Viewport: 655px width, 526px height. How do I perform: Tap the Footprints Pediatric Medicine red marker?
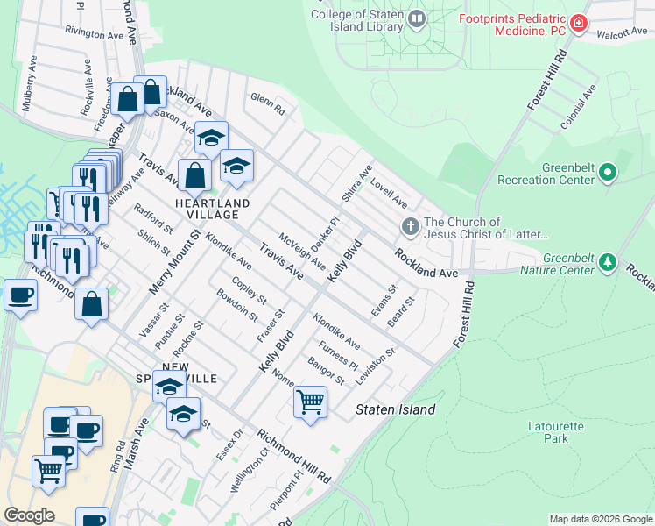pyautogui.click(x=578, y=24)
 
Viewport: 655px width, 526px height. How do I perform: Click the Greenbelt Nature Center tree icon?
pyautogui.click(x=604, y=262)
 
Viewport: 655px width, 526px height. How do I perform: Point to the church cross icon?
pyautogui.click(x=410, y=228)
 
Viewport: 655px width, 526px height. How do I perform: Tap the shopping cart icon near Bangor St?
pyautogui.click(x=311, y=402)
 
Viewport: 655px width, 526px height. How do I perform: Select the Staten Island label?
pyautogui.click(x=395, y=409)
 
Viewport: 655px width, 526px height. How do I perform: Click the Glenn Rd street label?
pyautogui.click(x=268, y=104)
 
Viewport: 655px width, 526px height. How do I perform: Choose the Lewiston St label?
pyautogui.click(x=382, y=361)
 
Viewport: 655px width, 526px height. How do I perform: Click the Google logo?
pyautogui.click(x=29, y=515)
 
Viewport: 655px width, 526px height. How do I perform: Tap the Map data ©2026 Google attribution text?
pyautogui.click(x=600, y=519)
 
